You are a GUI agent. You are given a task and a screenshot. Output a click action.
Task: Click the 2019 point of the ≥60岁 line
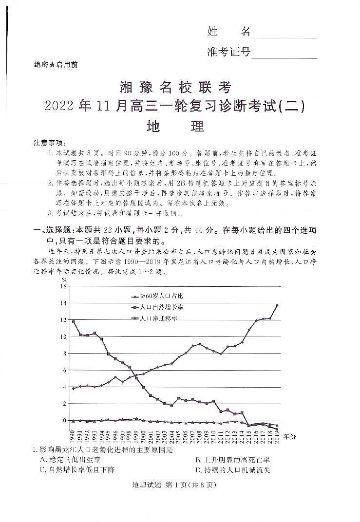[x=277, y=305]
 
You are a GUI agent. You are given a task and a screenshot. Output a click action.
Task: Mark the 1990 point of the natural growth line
[x=73, y=322]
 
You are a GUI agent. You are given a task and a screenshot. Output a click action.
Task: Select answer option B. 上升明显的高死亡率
[x=232, y=460]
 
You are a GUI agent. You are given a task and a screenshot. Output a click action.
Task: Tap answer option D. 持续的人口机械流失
[x=232, y=470]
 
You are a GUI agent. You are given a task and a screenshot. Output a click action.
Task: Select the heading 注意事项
[x=49, y=143]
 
